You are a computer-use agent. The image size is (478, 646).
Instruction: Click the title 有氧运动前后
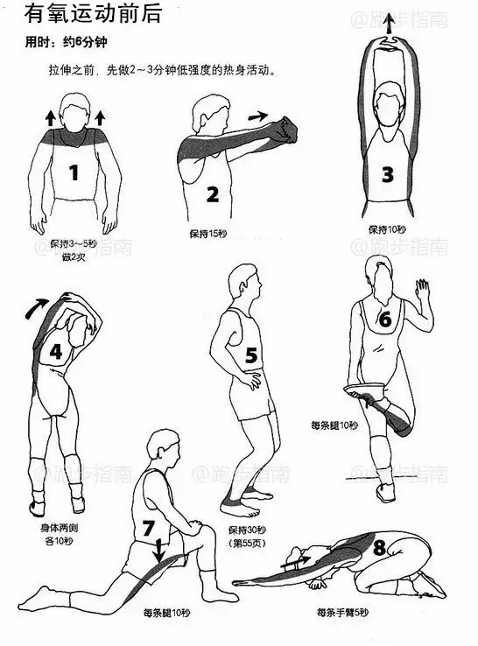coord(93,14)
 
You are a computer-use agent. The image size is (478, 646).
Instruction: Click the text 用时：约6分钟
coord(66,42)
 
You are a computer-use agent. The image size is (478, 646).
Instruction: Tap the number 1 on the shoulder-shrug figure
coord(74,172)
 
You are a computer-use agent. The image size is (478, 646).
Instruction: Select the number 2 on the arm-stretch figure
coord(212,194)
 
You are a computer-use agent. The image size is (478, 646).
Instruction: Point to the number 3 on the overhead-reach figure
coord(387,175)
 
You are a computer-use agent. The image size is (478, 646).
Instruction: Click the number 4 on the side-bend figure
coord(56,352)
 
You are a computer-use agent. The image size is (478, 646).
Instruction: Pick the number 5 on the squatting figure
coord(251,355)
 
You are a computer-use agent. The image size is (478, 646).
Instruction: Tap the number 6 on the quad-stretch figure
coord(384,319)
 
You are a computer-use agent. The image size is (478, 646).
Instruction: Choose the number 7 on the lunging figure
coord(148,528)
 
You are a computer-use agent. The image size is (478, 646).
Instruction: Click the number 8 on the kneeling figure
coord(379,548)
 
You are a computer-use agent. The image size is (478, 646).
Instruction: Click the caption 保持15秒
coord(208,234)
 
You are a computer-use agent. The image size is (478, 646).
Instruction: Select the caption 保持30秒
coord(247,530)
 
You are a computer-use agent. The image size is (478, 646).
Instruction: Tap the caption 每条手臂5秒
coord(342,613)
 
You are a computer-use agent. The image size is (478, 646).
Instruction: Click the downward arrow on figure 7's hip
coord(159,551)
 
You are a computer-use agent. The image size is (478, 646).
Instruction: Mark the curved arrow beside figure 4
coord(35,308)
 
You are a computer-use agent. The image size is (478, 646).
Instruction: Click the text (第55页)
coord(247,544)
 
